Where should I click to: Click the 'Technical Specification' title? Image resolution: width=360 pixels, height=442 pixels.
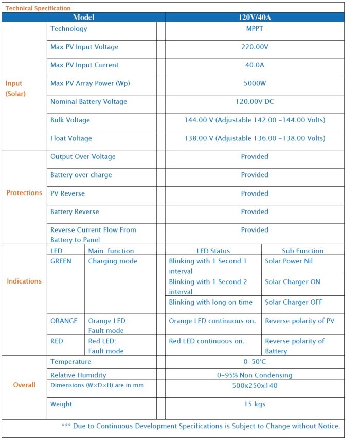pos(38,8)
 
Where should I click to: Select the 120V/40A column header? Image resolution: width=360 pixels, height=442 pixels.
pos(254,17)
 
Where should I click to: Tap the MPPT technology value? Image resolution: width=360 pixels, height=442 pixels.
pos(254,29)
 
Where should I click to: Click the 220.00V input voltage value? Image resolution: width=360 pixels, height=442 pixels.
pos(254,47)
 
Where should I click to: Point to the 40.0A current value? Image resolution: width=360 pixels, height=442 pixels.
pos(254,65)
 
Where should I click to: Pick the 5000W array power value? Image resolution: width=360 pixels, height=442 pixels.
pos(254,83)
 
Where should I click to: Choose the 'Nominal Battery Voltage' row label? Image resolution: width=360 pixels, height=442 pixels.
pos(88,102)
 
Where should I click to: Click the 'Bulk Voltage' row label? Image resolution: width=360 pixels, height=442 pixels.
pos(70,120)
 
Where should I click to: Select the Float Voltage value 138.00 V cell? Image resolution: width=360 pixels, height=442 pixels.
pos(254,138)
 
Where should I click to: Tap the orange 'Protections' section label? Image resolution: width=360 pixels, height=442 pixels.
pos(24,193)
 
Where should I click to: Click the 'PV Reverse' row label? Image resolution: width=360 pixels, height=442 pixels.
pos(67,193)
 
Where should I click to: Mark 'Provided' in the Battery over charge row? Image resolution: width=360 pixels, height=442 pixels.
pos(254,175)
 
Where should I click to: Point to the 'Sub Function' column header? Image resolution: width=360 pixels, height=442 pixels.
pos(302,251)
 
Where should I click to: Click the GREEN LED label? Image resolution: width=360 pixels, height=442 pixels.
pos(61,261)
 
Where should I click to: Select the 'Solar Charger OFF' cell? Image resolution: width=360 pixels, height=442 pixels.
pos(294,303)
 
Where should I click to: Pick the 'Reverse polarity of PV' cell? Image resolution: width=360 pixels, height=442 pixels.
pos(299,321)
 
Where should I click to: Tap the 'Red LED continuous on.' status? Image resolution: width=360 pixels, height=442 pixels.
pos(206,341)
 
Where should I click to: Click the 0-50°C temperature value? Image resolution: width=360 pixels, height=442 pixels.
pos(254,362)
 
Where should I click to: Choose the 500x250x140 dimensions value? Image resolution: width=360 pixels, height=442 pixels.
pos(254,386)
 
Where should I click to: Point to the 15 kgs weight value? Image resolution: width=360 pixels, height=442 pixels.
pos(254,404)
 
